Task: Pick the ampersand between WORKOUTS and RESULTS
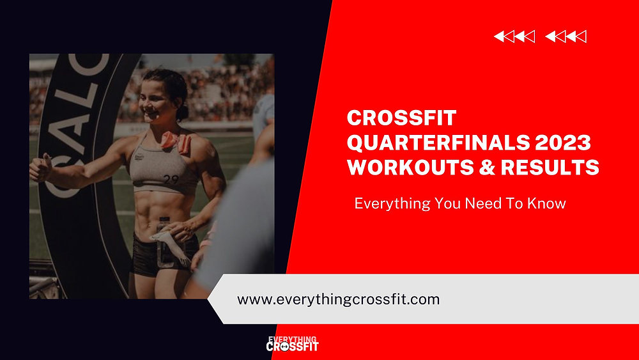pyautogui.click(x=485, y=167)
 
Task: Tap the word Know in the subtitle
pyautogui.click(x=550, y=205)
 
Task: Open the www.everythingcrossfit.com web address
pyautogui.click(x=338, y=299)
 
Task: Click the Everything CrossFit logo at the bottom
pyautogui.click(x=292, y=344)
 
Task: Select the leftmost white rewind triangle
pyautogui.click(x=500, y=37)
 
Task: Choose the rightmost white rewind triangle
pyautogui.click(x=581, y=37)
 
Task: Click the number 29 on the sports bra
pyautogui.click(x=171, y=180)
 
